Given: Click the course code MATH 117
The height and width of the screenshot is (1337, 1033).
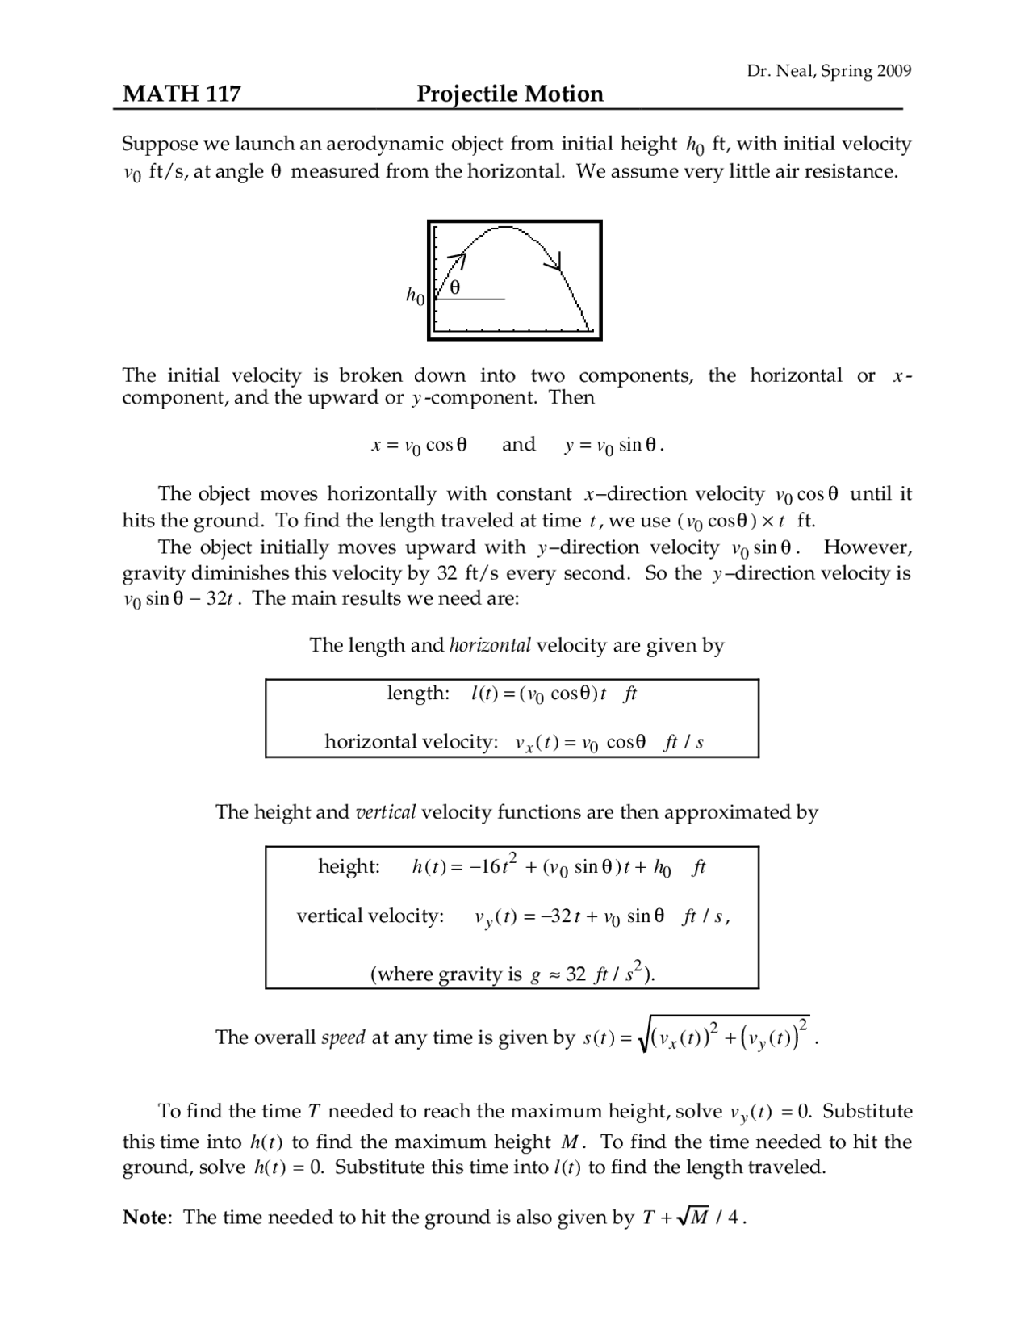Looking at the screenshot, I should click(181, 94).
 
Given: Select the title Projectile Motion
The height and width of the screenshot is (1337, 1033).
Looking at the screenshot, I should click(509, 94).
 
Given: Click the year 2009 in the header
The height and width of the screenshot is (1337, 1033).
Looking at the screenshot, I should click(894, 71).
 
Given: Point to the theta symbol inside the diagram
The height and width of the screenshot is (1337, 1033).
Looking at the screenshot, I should click(455, 287).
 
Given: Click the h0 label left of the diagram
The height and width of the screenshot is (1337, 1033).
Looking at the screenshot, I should click(415, 296).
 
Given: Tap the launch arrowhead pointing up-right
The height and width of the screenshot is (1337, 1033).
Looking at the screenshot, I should click(460, 258).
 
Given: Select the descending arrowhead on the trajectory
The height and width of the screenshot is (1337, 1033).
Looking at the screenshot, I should click(554, 263).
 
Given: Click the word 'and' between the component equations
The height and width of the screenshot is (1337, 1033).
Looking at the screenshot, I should click(518, 444).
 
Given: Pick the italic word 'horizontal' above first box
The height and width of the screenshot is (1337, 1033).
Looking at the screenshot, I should click(490, 645).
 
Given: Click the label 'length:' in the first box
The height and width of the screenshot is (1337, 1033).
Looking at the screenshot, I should click(418, 694).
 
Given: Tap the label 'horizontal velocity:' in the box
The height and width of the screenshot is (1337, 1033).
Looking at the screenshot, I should click(412, 742).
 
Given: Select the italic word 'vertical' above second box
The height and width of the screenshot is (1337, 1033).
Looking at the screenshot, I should click(385, 812).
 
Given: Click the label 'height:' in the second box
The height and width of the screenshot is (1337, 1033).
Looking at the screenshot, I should click(349, 867).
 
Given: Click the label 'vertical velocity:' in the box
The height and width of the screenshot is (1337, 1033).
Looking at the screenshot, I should click(370, 916).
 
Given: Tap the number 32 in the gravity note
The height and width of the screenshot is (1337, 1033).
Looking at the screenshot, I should click(575, 974).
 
